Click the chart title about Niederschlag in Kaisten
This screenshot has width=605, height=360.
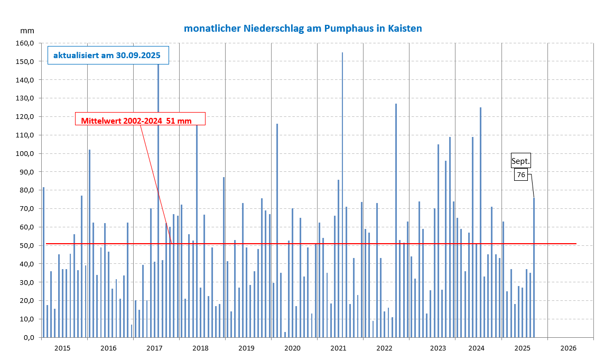(303, 29)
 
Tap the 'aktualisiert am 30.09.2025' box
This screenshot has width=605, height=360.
(108, 55)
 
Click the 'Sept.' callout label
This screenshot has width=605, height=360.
(520, 161)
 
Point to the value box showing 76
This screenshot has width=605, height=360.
(521, 175)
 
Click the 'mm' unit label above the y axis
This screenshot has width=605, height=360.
(26, 31)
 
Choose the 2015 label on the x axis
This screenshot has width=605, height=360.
(62, 348)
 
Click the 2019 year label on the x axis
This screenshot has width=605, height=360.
(246, 348)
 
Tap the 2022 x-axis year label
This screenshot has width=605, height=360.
(384, 348)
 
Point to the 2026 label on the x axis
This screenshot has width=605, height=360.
(569, 348)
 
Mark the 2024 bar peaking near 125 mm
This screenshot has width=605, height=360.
(480, 222)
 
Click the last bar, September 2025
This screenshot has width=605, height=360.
(534, 267)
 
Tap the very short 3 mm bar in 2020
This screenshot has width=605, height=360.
(285, 335)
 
